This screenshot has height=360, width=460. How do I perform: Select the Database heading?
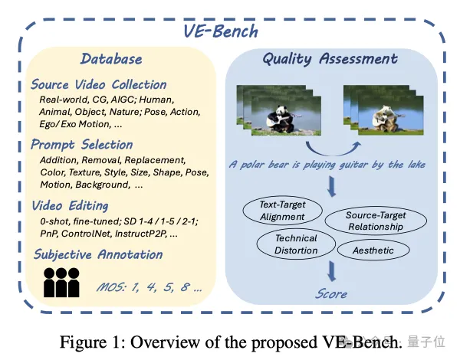(112, 59)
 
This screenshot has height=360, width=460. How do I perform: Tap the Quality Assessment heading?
(330, 59)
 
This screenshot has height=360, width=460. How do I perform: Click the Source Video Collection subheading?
(99, 84)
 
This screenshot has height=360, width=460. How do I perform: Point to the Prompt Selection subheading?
(82, 144)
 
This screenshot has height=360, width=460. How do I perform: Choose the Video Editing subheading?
(70, 205)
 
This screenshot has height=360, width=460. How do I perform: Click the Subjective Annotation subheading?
(97, 254)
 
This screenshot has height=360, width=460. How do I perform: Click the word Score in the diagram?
(331, 293)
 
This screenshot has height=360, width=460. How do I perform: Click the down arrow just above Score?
(332, 270)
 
